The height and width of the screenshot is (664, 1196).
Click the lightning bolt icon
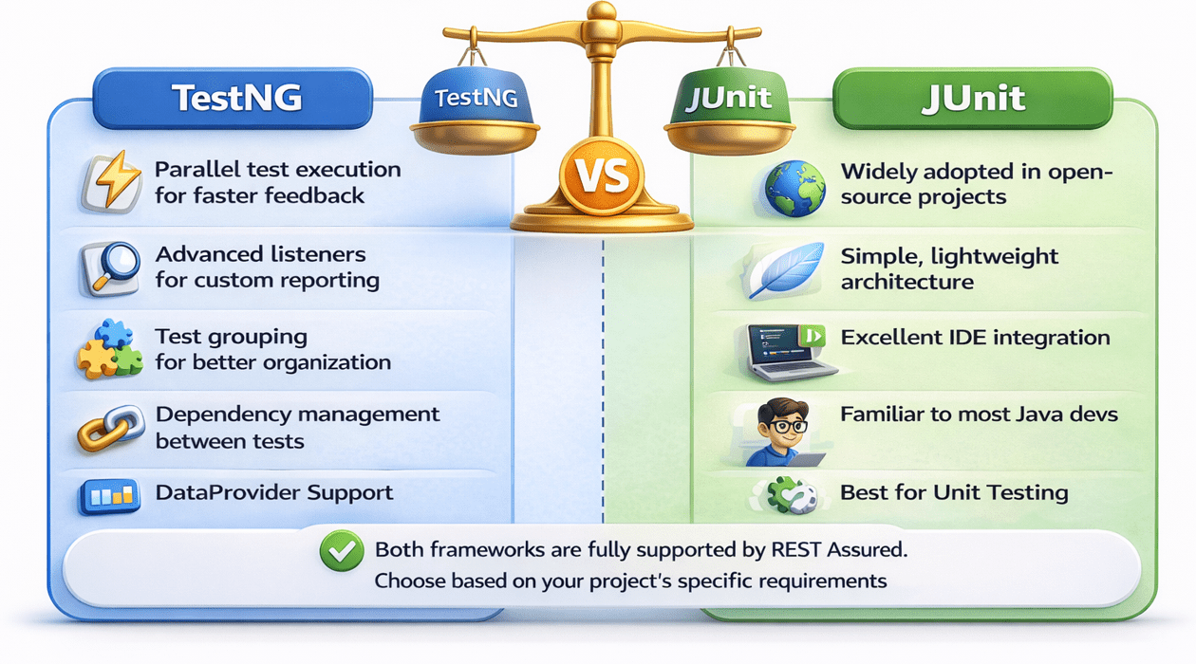(112, 181)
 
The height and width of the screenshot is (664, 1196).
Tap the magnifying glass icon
(110, 268)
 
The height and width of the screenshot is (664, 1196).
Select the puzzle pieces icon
(110, 349)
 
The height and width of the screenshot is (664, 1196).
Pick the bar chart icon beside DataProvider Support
(109, 496)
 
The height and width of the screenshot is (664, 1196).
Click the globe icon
(794, 189)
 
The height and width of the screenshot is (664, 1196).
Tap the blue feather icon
(785, 269)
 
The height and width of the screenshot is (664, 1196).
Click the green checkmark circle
(342, 551)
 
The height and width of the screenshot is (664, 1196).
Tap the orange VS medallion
(602, 176)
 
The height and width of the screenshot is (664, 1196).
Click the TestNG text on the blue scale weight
(476, 99)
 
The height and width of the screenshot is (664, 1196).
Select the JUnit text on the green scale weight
(728, 99)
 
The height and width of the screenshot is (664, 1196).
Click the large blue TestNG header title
(236, 99)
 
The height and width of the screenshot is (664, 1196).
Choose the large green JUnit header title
(973, 99)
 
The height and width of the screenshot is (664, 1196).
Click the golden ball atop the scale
(601, 10)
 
